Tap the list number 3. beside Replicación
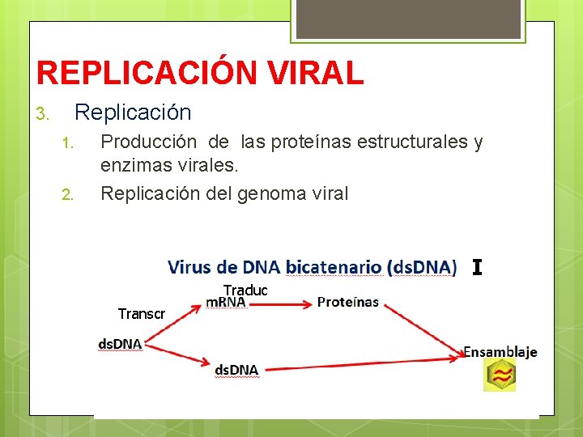coord(45,114)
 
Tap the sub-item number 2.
coord(67,194)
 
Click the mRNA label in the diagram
coord(226,302)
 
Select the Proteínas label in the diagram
coord(348,302)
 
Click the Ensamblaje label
coord(500,352)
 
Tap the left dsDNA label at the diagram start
coord(120,344)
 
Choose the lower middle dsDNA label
coord(236,370)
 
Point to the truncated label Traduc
coord(245,290)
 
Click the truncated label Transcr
coord(141,313)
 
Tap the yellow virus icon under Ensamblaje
coord(500,375)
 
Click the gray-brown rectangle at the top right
coord(406,19)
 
